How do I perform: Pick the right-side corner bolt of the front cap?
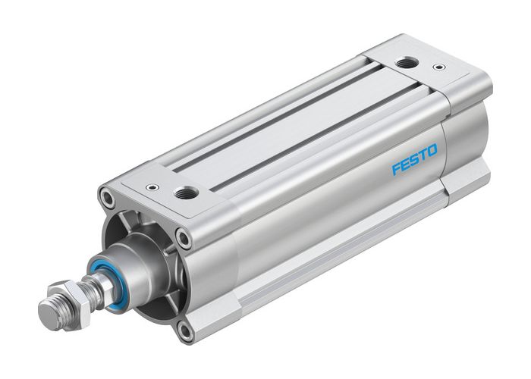click(182, 238)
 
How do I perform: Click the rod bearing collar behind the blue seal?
click(134, 262)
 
